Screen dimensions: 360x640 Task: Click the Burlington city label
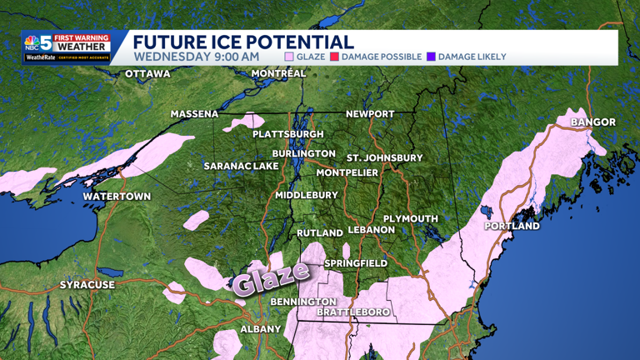303,154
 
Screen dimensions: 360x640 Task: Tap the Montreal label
278,73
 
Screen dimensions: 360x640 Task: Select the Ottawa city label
147,74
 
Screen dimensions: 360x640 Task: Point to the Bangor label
593,122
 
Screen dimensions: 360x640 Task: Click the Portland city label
512,226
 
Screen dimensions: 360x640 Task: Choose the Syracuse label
87,285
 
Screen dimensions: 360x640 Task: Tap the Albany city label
261,329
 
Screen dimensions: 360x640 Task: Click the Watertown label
117,197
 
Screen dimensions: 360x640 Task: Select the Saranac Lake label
242,167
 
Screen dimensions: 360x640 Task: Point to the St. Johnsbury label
385,157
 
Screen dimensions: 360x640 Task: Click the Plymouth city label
410,219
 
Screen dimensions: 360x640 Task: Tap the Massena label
194,114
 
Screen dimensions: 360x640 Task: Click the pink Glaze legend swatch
289,57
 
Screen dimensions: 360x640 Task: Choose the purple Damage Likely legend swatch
431,57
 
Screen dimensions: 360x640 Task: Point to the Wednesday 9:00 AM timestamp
196,57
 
